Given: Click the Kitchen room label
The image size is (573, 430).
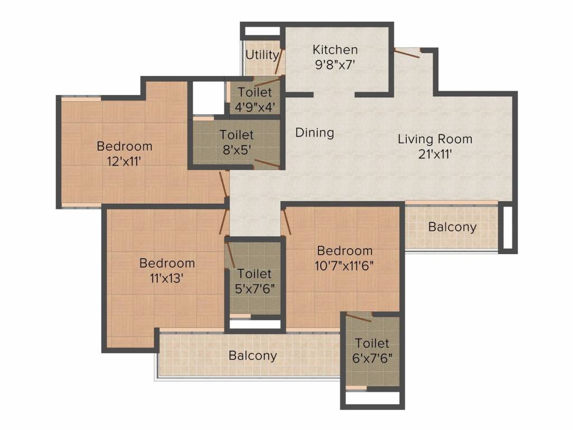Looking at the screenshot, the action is [x=335, y=49].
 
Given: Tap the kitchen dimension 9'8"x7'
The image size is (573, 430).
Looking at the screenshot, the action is [x=335, y=65].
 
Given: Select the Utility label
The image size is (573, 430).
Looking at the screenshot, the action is [x=262, y=55].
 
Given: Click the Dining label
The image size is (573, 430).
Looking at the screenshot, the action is [x=314, y=132].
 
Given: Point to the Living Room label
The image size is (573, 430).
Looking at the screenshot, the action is [x=435, y=139].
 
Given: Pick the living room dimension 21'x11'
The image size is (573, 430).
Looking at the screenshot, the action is [x=435, y=155].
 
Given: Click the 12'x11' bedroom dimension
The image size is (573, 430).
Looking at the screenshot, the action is [x=124, y=161].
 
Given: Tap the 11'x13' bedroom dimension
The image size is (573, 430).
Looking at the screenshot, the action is [x=167, y=278].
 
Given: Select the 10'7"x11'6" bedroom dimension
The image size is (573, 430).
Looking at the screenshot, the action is [x=344, y=266].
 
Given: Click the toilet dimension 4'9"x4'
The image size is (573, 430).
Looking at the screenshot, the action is [x=255, y=107].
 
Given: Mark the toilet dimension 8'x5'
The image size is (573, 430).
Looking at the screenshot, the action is [x=237, y=150].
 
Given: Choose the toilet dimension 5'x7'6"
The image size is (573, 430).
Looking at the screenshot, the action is [x=255, y=289].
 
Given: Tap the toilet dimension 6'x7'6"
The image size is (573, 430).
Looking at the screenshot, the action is [x=372, y=358].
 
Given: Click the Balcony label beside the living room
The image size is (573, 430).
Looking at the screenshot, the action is [x=452, y=227].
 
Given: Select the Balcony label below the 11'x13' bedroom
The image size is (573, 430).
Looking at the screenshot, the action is [x=252, y=356].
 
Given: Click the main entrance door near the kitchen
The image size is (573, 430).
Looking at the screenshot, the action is [x=407, y=53].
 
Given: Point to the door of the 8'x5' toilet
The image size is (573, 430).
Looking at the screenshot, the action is [x=267, y=164].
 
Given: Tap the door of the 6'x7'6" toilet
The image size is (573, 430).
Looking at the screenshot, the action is [x=359, y=318].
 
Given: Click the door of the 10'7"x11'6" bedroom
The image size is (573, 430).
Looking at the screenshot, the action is [x=287, y=222].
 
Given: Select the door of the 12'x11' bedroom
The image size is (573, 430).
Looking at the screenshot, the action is [x=223, y=184].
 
